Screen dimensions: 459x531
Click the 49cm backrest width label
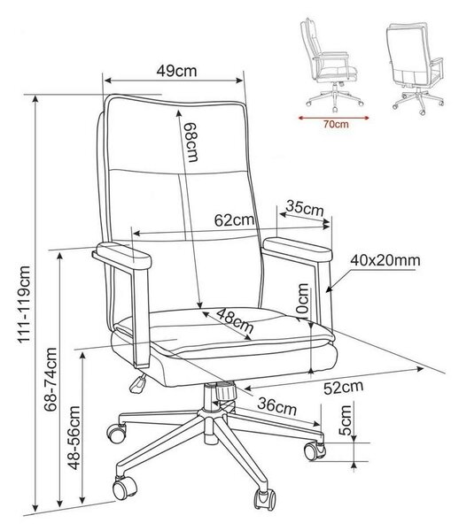coord(176,71)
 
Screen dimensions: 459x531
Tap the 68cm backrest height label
coord(191,142)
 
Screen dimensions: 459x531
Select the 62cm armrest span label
coord(234,220)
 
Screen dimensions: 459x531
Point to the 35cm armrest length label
coord(305,208)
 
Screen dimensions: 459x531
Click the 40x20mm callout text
coord(385,260)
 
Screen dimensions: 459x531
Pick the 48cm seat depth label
coord(236,320)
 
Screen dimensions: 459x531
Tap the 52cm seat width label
coord(344,387)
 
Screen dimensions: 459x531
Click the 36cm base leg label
coord(277,406)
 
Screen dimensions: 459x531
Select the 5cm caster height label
coord(346,419)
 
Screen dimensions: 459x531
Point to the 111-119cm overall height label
coord(25,304)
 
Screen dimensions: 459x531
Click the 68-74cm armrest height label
coord(51,379)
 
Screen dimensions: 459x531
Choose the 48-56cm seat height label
coord(74,438)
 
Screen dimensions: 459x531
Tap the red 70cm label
coord(335,124)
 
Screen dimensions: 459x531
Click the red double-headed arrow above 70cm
coord(333,118)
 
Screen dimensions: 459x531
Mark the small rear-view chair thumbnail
coord(416,68)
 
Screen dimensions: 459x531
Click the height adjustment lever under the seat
coord(138,384)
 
